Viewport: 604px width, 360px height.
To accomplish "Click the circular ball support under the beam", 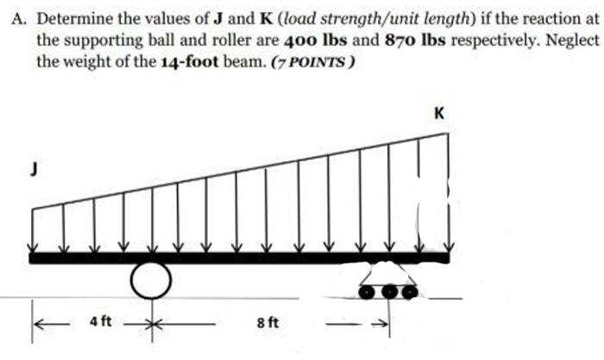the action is point(151,277).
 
